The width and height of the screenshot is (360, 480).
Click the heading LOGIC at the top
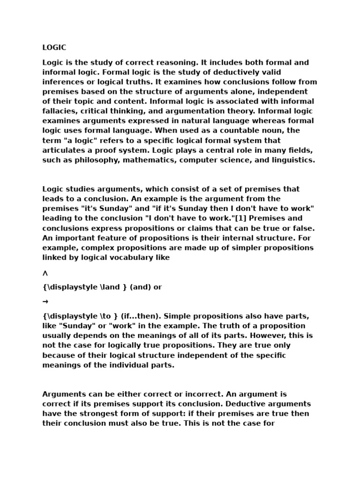click(54, 48)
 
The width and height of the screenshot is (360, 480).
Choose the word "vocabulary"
click(133, 257)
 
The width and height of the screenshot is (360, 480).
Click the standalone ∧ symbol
click(45, 273)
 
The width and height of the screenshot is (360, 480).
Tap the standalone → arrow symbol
click(45, 302)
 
